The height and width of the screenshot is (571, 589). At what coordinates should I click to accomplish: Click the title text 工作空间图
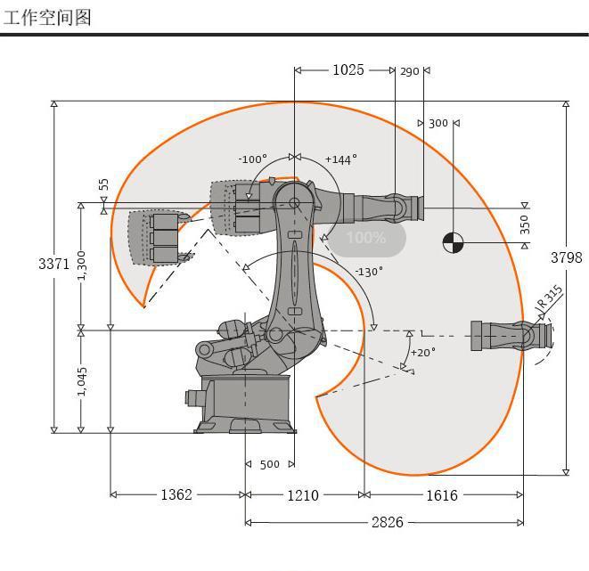pyautogui.click(x=46, y=16)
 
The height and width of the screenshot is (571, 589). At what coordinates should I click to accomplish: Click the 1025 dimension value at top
pyautogui.click(x=348, y=69)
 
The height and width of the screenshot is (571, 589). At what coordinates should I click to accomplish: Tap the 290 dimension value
pyautogui.click(x=409, y=71)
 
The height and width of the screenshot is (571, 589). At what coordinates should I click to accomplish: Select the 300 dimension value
pyautogui.click(x=438, y=123)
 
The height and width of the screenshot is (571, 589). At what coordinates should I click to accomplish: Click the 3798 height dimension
pyautogui.click(x=566, y=257)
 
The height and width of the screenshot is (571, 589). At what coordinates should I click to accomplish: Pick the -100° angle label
pyautogui.click(x=252, y=159)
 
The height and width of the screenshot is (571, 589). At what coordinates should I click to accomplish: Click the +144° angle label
pyautogui.click(x=340, y=159)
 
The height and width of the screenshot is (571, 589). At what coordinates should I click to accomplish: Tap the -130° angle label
pyautogui.click(x=368, y=272)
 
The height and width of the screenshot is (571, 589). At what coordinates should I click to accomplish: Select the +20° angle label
pyautogui.click(x=422, y=352)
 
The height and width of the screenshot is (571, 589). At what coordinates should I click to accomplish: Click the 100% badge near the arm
pyautogui.click(x=366, y=238)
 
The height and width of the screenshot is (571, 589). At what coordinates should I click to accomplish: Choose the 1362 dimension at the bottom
pyautogui.click(x=176, y=494)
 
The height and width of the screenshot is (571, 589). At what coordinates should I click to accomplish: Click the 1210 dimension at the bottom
pyautogui.click(x=303, y=494)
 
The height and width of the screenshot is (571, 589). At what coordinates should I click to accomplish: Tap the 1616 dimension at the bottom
pyautogui.click(x=440, y=494)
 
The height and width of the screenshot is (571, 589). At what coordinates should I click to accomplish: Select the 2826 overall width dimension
pyautogui.click(x=387, y=522)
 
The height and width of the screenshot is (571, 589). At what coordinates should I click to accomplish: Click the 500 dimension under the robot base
pyautogui.click(x=269, y=464)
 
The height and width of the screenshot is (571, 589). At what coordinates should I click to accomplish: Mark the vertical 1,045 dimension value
pyautogui.click(x=82, y=381)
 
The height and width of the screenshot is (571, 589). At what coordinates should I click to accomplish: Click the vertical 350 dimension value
pyautogui.click(x=525, y=224)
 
